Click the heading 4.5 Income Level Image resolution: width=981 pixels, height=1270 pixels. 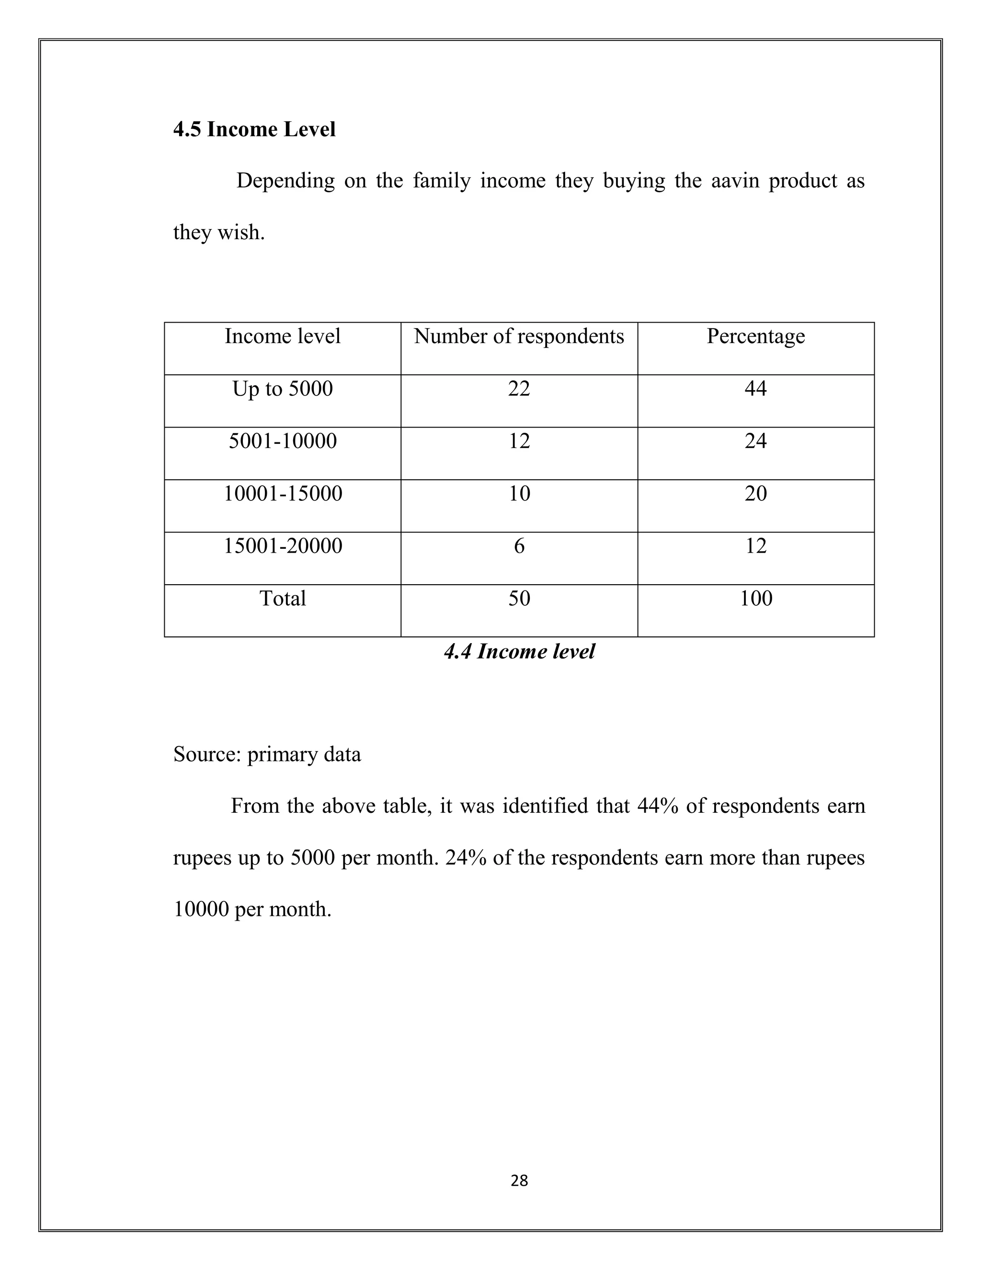click(x=254, y=129)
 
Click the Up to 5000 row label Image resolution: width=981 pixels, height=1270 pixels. click(x=283, y=389)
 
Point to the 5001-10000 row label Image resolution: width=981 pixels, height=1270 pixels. click(x=283, y=441)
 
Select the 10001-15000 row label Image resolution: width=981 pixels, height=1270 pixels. click(x=283, y=493)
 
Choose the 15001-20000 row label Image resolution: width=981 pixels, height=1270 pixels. click(x=283, y=545)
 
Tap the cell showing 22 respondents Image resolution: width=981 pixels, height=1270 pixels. click(x=519, y=389)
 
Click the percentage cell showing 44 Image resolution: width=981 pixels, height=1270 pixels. click(x=755, y=389)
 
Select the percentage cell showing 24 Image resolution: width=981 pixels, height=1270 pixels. click(x=755, y=441)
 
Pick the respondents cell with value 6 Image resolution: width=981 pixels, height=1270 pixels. click(x=519, y=545)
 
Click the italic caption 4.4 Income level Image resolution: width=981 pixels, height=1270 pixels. click(x=519, y=651)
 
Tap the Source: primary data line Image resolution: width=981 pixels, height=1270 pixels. click(x=267, y=754)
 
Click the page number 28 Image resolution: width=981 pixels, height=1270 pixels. click(x=519, y=1180)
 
